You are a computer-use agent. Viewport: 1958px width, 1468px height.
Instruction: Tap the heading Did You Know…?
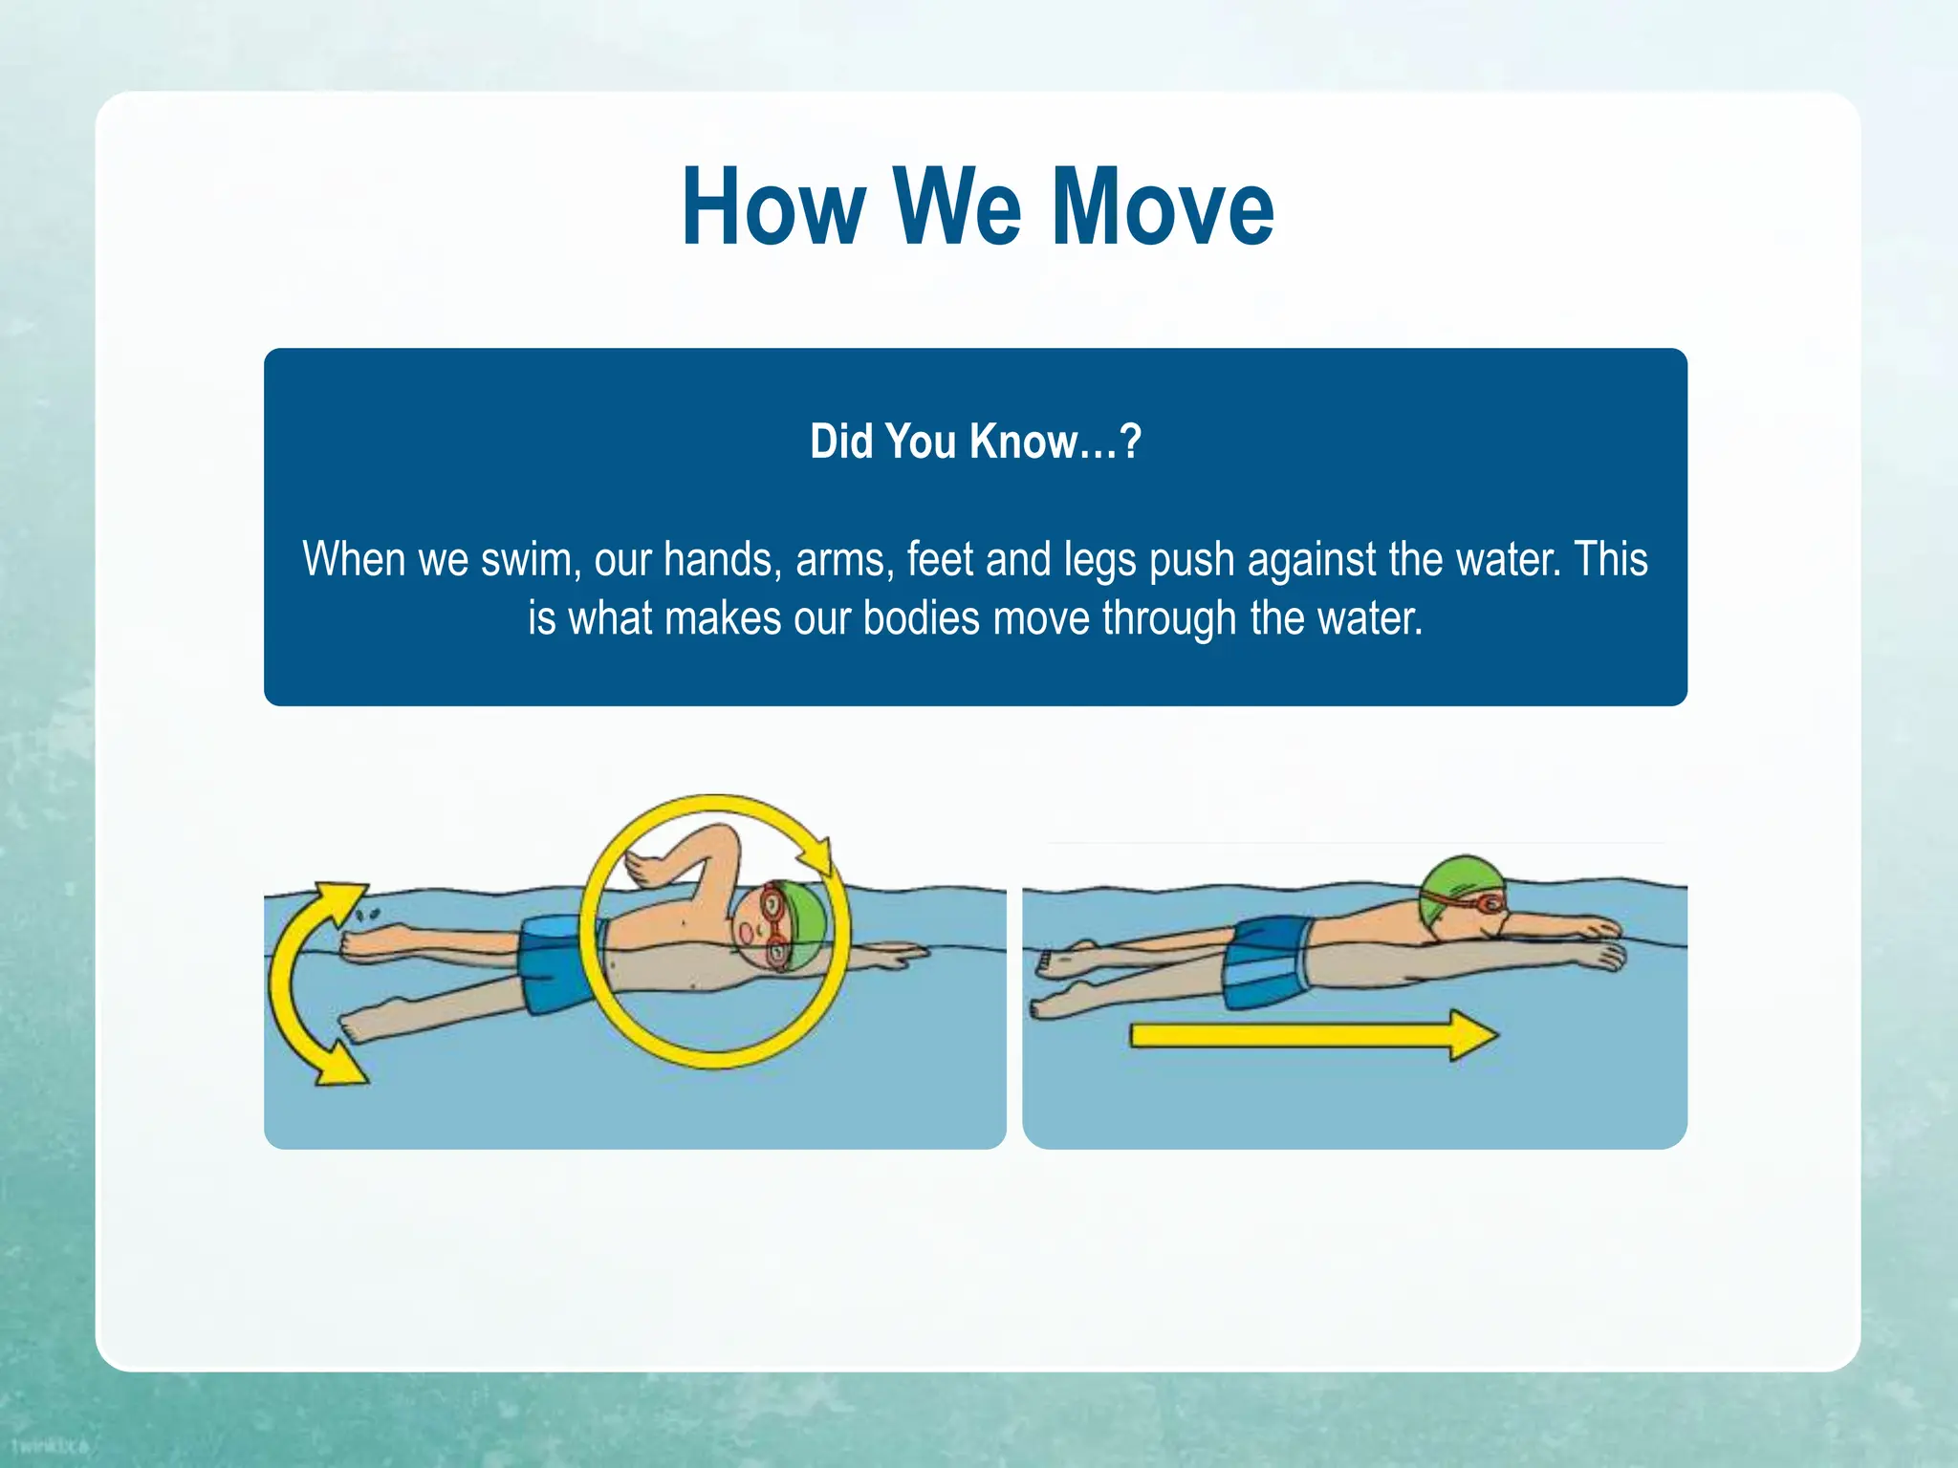tap(975, 442)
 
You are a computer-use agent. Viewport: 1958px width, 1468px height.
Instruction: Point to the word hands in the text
tap(718, 559)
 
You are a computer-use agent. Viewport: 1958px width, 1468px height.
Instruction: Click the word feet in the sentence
tap(940, 559)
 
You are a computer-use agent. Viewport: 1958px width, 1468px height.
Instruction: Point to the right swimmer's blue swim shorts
tap(1268, 961)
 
